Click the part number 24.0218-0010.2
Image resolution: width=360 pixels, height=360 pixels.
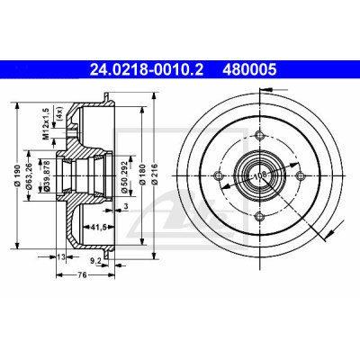pos(147,70)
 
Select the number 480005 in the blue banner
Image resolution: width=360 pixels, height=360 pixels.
pos(249,70)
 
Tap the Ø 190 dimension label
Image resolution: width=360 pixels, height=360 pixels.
pos(17,175)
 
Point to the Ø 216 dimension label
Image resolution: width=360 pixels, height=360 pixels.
pos(155,175)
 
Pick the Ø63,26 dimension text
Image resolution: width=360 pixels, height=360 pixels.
pos(29,175)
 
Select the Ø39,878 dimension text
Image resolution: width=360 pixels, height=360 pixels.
pos(47,175)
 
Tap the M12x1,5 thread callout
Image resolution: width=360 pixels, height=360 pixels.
pos(46,123)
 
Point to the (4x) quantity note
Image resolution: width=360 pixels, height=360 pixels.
pos(58,113)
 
